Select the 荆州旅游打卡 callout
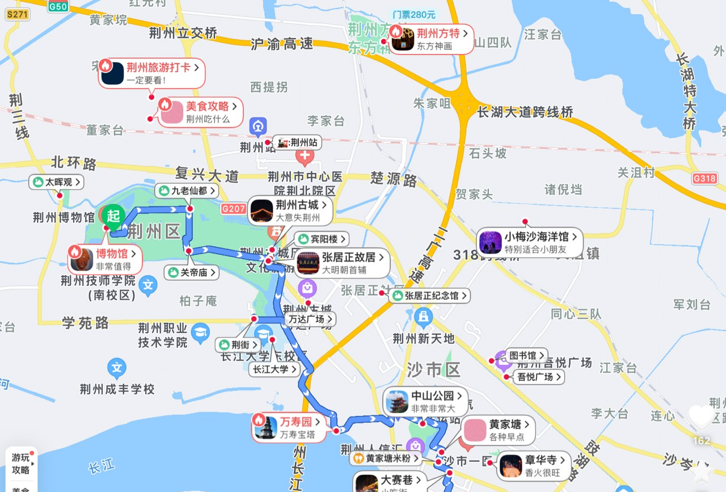point(151,73)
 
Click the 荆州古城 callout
point(290,211)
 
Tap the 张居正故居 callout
point(343,263)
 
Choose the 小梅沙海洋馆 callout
point(530,242)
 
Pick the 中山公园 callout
point(426,402)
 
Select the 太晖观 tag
point(57,182)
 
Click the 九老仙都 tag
point(187,191)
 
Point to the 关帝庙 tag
point(191,272)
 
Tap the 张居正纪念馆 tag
point(430,296)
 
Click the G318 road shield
point(704,178)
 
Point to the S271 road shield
point(17,15)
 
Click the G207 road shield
point(234,209)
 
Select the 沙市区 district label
point(433,370)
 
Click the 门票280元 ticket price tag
point(413,15)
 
